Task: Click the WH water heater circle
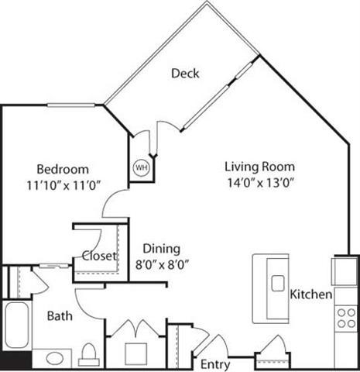(x=141, y=167)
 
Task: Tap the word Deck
(x=185, y=74)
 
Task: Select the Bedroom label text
(x=63, y=169)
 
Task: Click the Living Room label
(x=259, y=167)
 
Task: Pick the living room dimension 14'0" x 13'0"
(x=259, y=183)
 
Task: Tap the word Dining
(x=160, y=249)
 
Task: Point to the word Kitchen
(x=311, y=295)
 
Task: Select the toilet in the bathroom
(x=87, y=355)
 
